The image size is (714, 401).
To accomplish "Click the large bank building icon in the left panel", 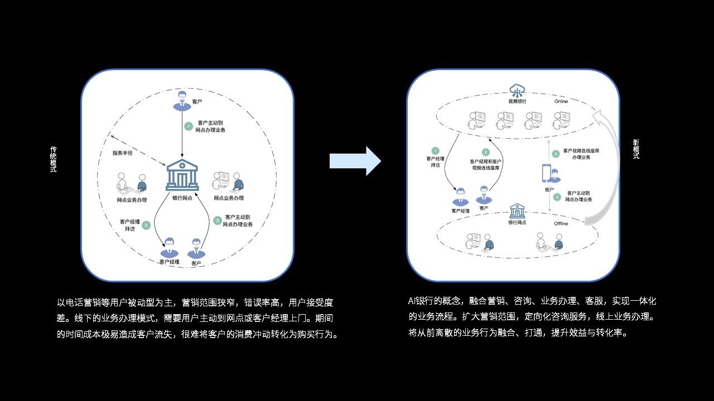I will tap(182, 174).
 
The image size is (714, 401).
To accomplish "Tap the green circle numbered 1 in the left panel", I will tap(189, 126).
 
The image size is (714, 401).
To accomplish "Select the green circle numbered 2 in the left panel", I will tap(146, 225).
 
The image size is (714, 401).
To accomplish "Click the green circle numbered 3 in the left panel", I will tap(218, 221).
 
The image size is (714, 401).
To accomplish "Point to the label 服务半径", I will tap(122, 153).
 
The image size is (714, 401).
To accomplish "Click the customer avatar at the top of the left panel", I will tap(181, 101).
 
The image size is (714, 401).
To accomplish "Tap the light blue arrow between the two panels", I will tap(355, 161).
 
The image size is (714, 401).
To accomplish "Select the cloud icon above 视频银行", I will tap(518, 90).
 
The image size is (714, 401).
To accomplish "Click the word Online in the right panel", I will tap(561, 101).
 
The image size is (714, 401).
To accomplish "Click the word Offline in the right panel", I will tap(561, 223).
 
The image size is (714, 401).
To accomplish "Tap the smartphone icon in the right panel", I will tap(547, 173).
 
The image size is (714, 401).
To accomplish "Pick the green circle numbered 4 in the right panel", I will tap(557, 197).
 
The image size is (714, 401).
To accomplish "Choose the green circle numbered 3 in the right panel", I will tap(556, 154).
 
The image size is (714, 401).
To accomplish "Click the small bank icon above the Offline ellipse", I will tap(517, 211).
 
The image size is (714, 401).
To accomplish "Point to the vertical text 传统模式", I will tap(54, 159).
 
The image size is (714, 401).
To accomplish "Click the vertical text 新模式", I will tap(636, 149).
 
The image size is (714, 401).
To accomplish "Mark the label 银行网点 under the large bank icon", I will tap(182, 198).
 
